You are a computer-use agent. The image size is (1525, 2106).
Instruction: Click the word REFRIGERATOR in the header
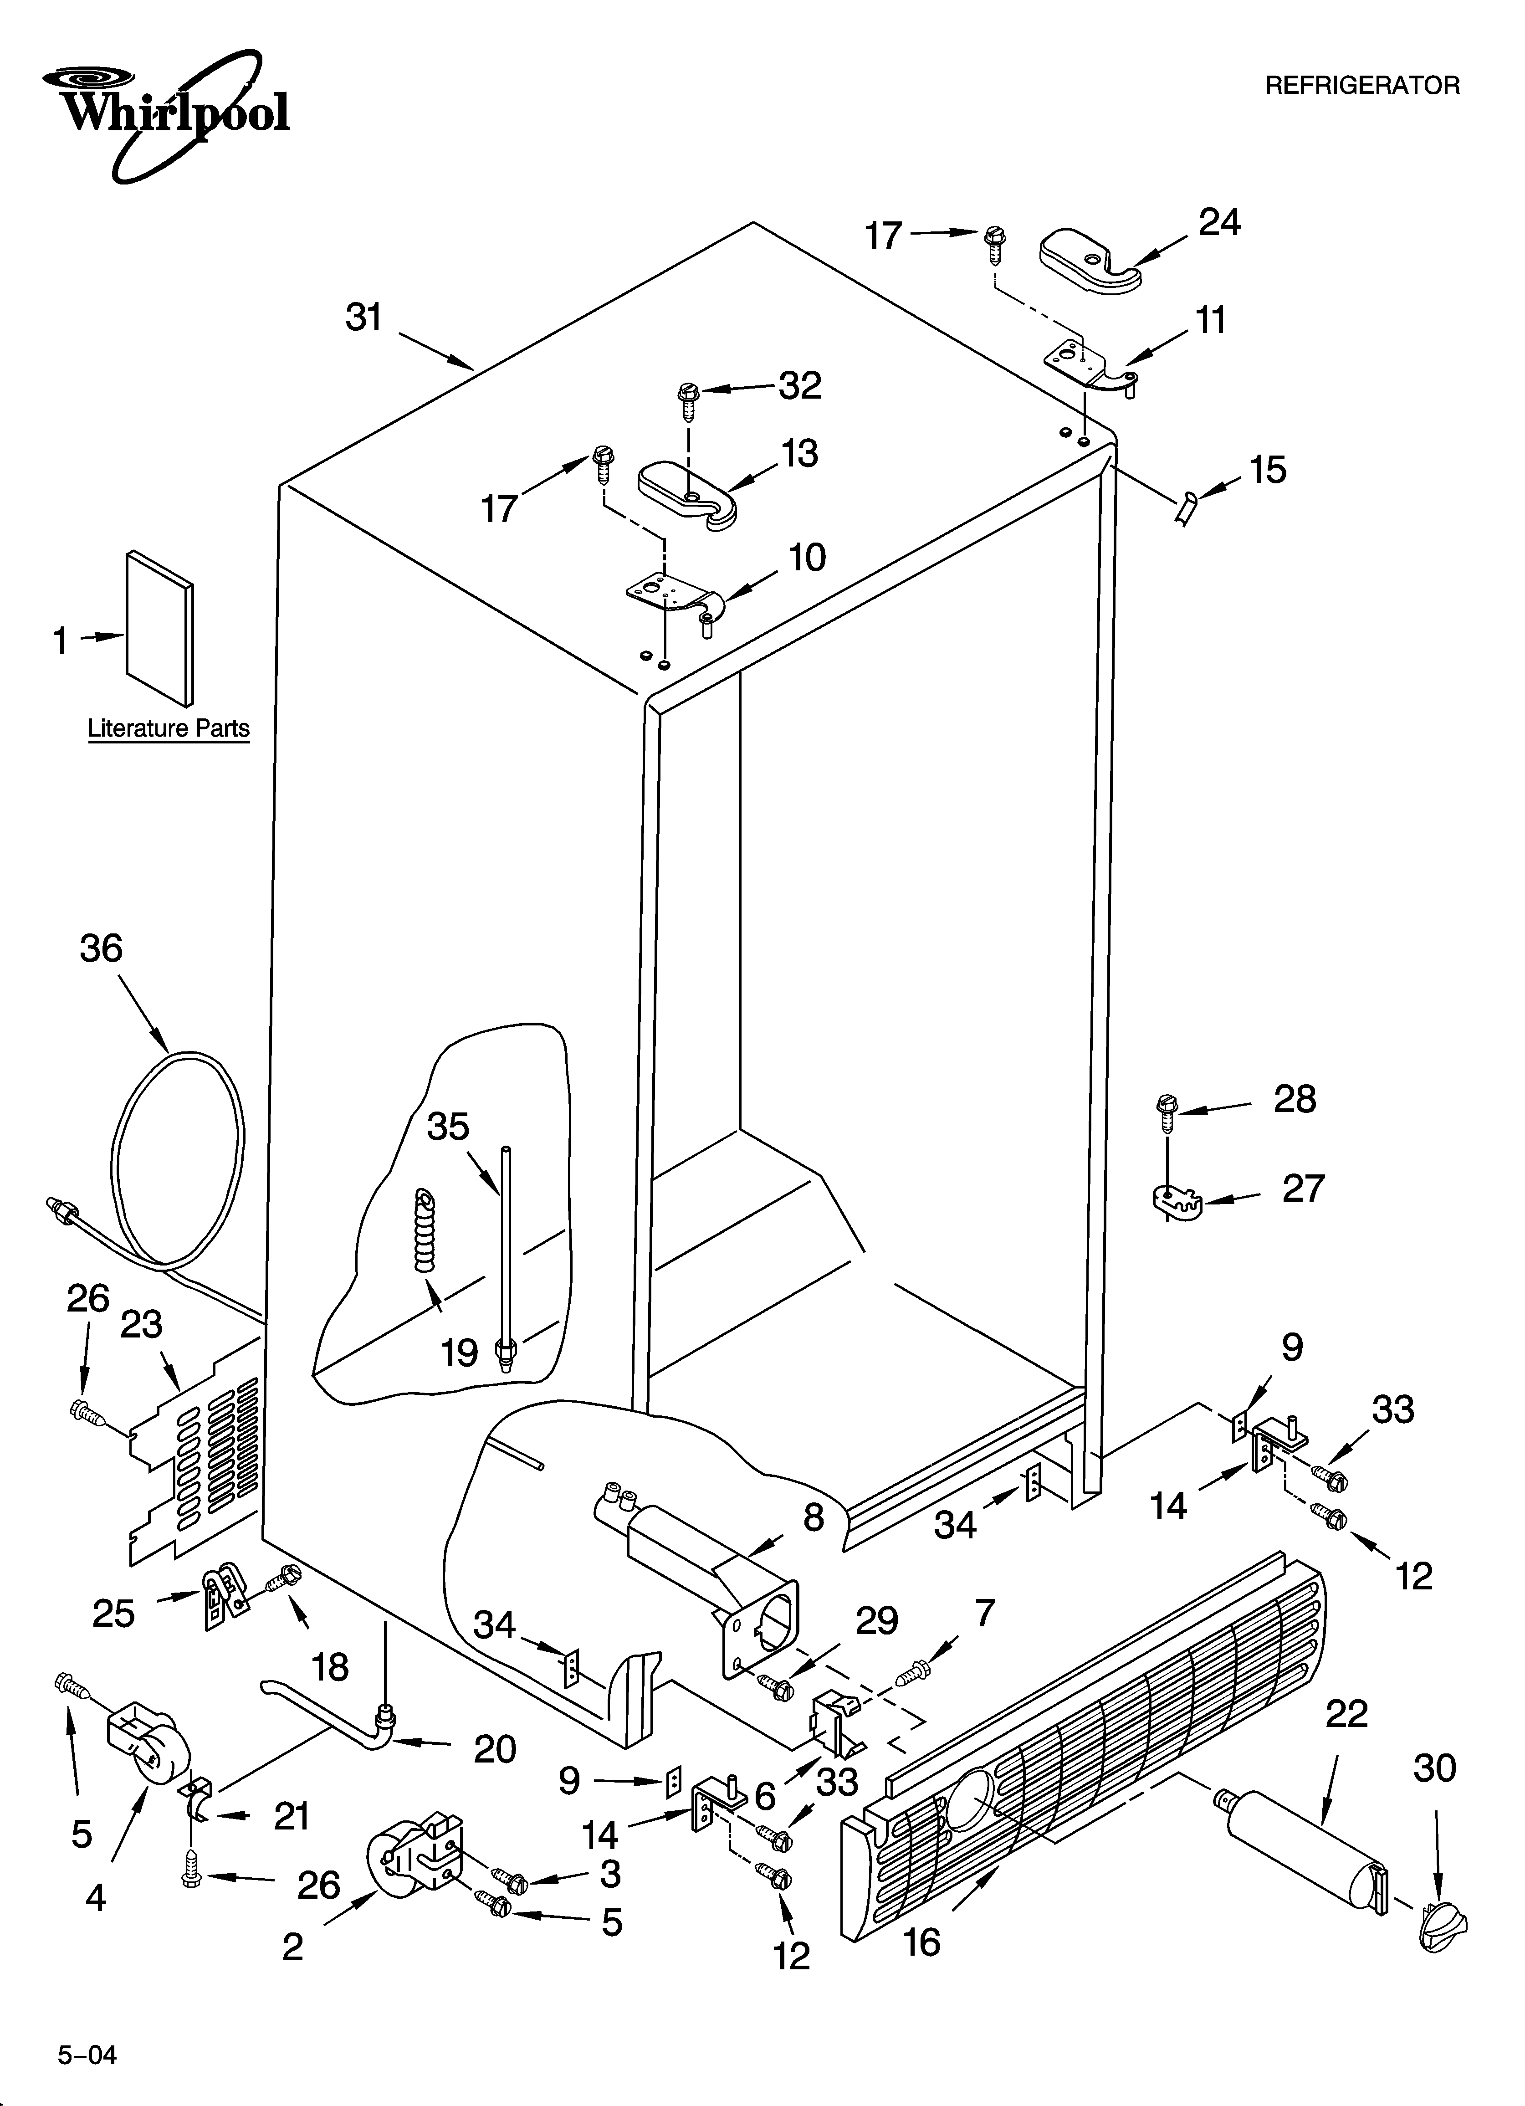(1362, 87)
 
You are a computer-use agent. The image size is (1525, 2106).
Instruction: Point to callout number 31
(364, 318)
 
